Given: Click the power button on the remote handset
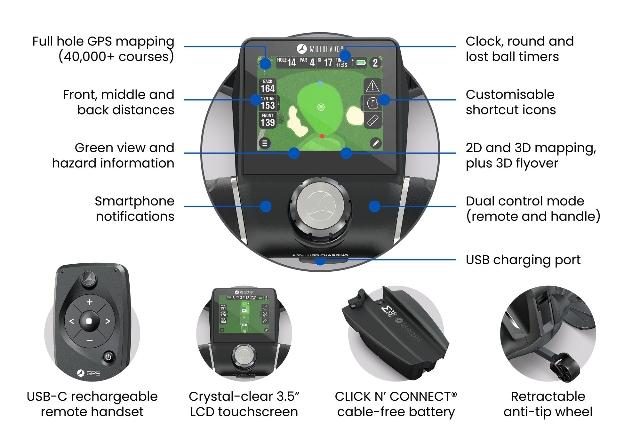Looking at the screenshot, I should [108, 357].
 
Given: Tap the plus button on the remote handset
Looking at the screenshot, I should [90, 302].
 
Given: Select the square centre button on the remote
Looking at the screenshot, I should [89, 321].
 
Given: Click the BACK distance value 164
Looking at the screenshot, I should [268, 88].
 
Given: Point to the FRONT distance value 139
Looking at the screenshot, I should [268, 122].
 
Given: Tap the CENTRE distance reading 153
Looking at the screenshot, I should [268, 105].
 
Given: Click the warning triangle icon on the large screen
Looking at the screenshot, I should [372, 86].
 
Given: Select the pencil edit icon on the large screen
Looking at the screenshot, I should [376, 143].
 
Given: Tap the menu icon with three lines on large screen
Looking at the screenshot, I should [265, 143].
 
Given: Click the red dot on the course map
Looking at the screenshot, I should [322, 136].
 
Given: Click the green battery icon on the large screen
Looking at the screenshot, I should [361, 63].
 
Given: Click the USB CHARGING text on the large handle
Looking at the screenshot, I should [327, 255].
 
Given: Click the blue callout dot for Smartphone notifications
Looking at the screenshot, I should [266, 206].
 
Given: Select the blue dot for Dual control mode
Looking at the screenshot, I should [374, 206].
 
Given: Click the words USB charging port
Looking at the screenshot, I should [523, 260].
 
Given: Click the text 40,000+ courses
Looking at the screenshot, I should [116, 57].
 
